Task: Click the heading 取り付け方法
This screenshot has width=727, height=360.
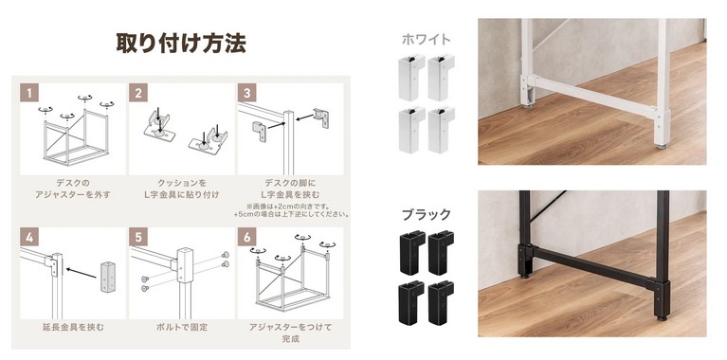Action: pyautogui.click(x=181, y=43)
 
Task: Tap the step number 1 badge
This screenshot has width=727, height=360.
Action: pyautogui.click(x=29, y=93)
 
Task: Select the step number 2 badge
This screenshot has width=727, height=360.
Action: pyautogui.click(x=138, y=93)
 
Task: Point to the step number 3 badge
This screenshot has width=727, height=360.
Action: pyautogui.click(x=246, y=93)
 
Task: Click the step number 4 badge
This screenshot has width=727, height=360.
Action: pyautogui.click(x=29, y=237)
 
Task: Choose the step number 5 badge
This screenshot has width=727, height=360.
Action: pyautogui.click(x=138, y=237)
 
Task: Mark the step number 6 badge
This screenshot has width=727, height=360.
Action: pyautogui.click(x=246, y=237)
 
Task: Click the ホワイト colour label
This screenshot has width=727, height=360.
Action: pyautogui.click(x=426, y=40)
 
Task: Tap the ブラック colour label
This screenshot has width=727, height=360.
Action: pyautogui.click(x=426, y=214)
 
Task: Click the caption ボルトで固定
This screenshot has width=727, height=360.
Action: pyautogui.click(x=181, y=327)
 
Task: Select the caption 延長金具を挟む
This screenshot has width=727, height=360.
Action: pyautogui.click(x=73, y=327)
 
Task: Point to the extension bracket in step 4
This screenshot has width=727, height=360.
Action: pyautogui.click(x=107, y=277)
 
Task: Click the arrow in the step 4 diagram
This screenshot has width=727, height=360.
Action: pyautogui.click(x=82, y=273)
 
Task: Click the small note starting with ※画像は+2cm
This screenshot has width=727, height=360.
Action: pyautogui.click(x=291, y=210)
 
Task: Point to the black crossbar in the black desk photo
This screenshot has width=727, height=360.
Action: pyautogui.click(x=591, y=266)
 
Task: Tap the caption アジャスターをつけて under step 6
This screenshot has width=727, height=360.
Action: pyautogui.click(x=290, y=327)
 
